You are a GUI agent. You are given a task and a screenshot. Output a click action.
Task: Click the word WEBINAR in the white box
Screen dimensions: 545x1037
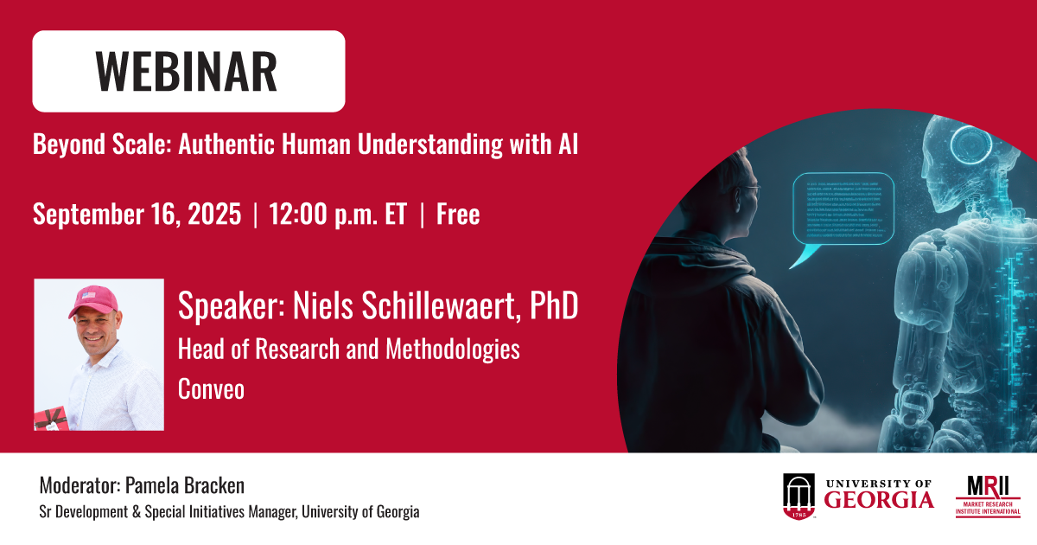pos(188,72)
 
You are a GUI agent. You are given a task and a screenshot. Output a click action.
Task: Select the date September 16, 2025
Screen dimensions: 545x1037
pos(137,214)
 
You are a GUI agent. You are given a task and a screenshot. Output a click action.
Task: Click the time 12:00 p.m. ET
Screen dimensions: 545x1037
pos(338,214)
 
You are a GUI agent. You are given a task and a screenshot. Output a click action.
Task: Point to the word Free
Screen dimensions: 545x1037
pos(458,214)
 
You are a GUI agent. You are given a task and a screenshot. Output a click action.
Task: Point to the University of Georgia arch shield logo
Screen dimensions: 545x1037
pos(798,497)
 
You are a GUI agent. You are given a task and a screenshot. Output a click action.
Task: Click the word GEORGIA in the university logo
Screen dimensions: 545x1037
pos(878,500)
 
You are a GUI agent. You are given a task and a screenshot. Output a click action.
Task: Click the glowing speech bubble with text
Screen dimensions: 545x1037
pos(843,208)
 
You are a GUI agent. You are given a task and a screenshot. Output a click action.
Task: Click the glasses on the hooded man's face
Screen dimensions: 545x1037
pos(750,189)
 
